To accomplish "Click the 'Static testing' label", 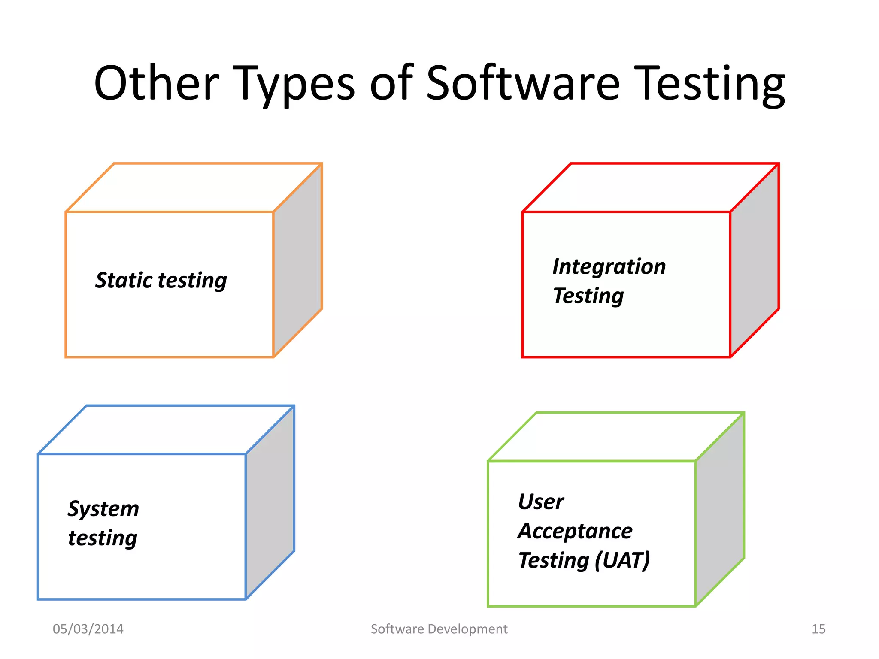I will [161, 281].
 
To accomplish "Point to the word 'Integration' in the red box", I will [609, 267].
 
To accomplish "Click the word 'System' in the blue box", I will [103, 509].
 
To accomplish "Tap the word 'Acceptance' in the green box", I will [575, 531].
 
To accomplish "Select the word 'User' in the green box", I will [541, 502].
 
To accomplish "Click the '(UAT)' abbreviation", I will [623, 560].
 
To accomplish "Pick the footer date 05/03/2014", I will [88, 629].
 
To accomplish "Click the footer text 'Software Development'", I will [439, 629].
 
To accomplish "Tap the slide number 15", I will [818, 629].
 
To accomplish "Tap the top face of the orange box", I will [193, 187].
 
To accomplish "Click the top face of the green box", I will [616, 437].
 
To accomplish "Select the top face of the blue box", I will [166, 429].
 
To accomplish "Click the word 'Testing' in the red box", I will [588, 296].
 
